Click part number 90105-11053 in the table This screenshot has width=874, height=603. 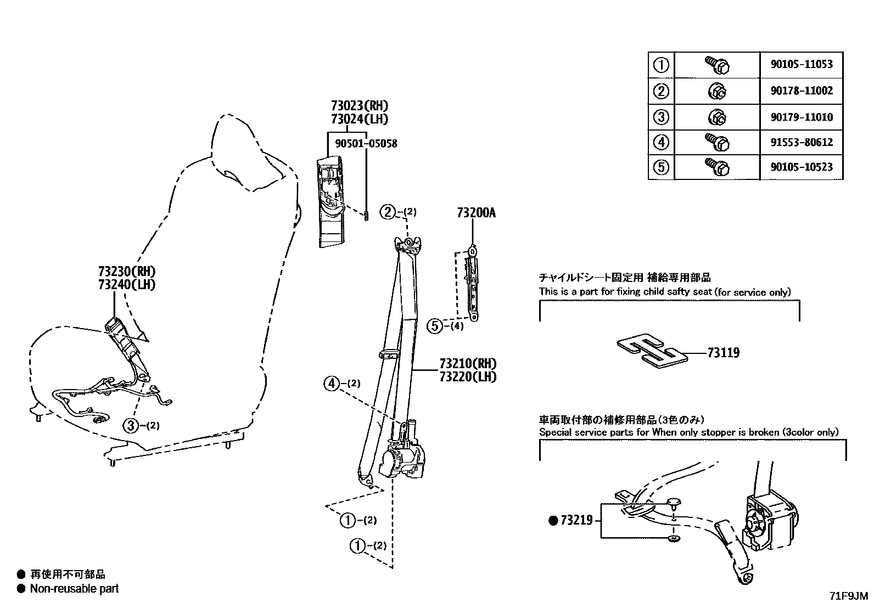click(802, 64)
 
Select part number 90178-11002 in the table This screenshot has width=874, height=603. click(802, 91)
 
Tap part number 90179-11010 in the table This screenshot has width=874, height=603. click(802, 117)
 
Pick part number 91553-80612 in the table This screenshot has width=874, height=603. click(802, 142)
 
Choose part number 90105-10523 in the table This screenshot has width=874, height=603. click(802, 167)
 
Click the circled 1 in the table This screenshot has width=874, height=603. click(661, 65)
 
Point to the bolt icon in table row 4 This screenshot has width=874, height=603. click(716, 142)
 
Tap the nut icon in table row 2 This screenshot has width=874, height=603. click(716, 91)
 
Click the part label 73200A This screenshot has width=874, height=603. click(476, 213)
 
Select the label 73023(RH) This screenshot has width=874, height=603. click(360, 105)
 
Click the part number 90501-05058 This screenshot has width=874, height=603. click(366, 144)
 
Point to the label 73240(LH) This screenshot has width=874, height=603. click(127, 284)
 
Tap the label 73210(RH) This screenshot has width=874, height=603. click(468, 363)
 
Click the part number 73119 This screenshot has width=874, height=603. click(723, 353)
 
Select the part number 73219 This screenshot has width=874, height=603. click(576, 520)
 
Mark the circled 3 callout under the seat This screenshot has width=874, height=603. click(131, 425)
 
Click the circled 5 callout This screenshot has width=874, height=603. click(434, 326)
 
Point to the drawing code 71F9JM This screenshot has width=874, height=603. click(849, 595)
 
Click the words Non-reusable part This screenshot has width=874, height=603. click(74, 589)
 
